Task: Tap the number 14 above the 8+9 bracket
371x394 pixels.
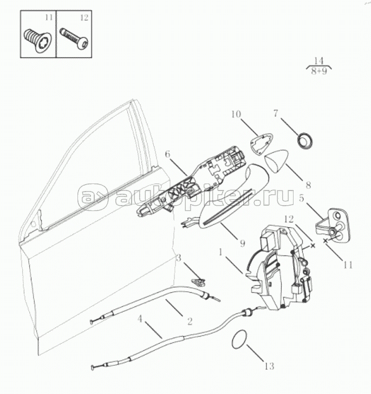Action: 318,61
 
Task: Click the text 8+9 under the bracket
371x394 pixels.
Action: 319,71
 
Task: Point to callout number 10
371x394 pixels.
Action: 236,114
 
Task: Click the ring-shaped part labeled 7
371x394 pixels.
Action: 305,141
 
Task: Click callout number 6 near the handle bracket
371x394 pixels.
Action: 168,154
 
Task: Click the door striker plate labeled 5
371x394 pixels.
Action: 332,224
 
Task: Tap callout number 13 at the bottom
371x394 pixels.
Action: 269,366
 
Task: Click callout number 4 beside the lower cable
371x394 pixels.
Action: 140,319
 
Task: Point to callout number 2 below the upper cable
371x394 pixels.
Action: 190,321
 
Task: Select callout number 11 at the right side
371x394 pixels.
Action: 348,265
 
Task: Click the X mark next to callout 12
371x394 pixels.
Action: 313,246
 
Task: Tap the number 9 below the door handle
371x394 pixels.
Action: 242,243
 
